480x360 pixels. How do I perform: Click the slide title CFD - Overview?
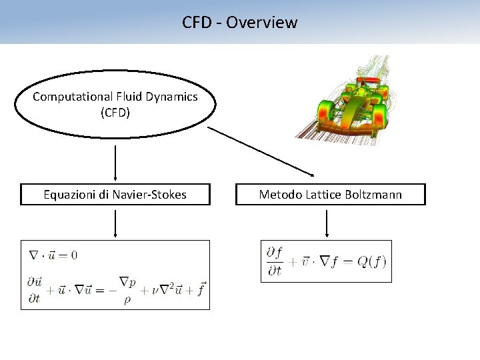coord(240,22)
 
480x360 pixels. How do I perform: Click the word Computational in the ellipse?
coord(65,97)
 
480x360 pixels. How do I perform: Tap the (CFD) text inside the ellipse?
coord(115,113)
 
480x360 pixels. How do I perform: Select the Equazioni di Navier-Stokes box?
coord(115,195)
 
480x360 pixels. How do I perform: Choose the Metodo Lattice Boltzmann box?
coord(331,195)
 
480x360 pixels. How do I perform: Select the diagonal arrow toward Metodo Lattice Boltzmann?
coord(260,151)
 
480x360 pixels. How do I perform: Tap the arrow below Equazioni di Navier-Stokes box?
coord(116,223)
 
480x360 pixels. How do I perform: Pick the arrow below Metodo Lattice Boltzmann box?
coord(327,223)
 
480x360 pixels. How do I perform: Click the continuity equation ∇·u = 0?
coord(53,255)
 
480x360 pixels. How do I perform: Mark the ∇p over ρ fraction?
coord(128,291)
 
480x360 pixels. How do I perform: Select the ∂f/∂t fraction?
coord(274,261)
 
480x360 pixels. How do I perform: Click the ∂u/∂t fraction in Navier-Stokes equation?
coord(35,291)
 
